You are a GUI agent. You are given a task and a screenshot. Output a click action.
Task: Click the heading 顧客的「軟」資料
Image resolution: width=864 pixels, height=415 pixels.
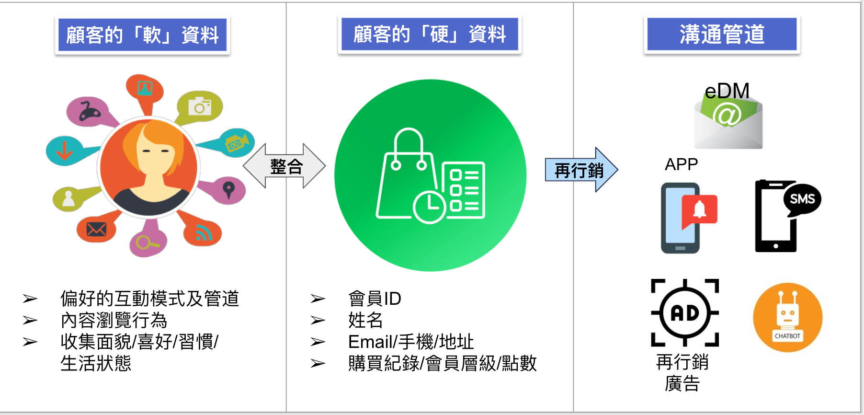pos(142,35)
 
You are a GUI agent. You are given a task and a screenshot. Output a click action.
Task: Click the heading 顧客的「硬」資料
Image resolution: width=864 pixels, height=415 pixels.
pos(430,35)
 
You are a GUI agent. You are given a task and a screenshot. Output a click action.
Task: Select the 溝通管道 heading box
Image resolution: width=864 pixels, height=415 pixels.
pos(722,35)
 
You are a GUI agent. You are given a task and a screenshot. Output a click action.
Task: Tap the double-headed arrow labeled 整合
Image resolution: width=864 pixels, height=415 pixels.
pos(285,166)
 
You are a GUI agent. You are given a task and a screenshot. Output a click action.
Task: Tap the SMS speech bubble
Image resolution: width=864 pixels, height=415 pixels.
pos(802,199)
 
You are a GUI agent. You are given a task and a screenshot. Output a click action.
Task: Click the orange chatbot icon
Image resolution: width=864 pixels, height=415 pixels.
pos(787,317)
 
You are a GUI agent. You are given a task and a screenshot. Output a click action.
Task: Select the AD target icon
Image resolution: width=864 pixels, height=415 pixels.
pos(685,313)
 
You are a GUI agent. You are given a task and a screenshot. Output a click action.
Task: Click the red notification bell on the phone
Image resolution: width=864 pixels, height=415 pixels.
pos(700,210)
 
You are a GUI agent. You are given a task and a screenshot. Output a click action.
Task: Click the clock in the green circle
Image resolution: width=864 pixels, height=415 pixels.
pos(429,207)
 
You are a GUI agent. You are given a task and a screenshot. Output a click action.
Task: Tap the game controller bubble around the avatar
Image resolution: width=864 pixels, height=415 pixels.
pos(89,111)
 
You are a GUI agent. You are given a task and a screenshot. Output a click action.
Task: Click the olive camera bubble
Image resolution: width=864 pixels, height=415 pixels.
pos(199,106)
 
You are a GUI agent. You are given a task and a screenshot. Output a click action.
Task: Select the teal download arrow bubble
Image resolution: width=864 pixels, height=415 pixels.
pos(65,150)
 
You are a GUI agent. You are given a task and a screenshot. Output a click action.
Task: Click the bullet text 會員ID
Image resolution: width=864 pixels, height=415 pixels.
pos(375,299)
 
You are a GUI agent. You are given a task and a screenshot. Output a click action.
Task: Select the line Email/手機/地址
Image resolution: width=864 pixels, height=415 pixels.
pos(410,342)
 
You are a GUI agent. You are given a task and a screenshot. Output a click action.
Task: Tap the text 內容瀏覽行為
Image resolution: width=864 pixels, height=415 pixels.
pos(114,320)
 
